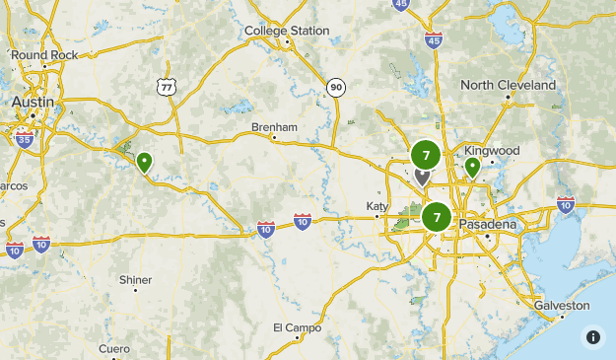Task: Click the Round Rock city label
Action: (45, 55)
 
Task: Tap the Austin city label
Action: (34, 102)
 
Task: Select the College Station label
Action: (287, 31)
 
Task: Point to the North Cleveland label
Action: (508, 85)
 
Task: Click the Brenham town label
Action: (274, 127)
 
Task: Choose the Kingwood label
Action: (491, 151)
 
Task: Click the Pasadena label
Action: (487, 224)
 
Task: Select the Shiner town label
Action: (136, 280)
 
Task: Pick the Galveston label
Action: (562, 306)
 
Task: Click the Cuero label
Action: (113, 349)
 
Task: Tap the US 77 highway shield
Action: (165, 88)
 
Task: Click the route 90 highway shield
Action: (336, 89)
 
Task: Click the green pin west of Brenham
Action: (145, 161)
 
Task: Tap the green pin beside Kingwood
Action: (473, 167)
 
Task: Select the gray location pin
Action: (423, 177)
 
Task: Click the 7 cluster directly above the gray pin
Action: (426, 155)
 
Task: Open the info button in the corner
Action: (592, 336)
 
